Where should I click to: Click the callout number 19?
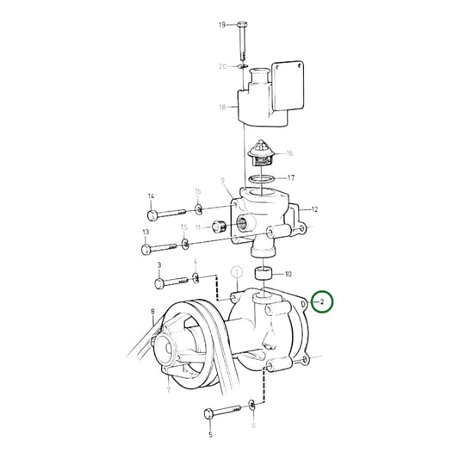point(221,25)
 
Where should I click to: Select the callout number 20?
point(221,66)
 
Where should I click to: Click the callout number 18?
point(221,108)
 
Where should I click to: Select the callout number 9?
point(222,183)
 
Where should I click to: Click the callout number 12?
point(314,209)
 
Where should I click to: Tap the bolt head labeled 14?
point(152,214)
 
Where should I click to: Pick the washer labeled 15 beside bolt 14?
point(198,209)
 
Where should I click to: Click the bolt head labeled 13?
point(147,250)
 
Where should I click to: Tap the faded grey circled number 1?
point(234,275)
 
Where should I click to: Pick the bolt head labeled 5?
point(209,416)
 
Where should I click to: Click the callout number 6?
point(253,425)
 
